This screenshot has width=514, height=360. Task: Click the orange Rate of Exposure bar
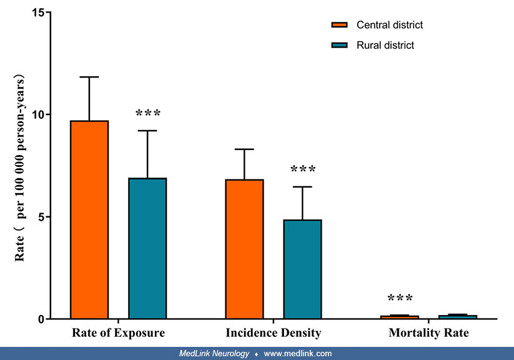click(x=89, y=219)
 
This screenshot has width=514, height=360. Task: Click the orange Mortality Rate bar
click(x=400, y=317)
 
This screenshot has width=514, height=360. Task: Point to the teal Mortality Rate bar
click(x=458, y=317)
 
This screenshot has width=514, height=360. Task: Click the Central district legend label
click(x=389, y=25)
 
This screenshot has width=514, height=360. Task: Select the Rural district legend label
click(x=385, y=45)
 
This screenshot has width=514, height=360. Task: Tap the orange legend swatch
click(x=339, y=25)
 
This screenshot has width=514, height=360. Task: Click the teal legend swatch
click(x=339, y=45)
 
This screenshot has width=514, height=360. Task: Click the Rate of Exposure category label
click(x=118, y=333)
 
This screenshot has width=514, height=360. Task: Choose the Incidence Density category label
click(x=273, y=333)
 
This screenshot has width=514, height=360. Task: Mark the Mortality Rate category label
click(x=428, y=333)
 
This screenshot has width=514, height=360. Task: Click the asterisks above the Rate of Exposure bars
click(x=148, y=114)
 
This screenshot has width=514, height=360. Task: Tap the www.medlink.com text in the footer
click(x=298, y=354)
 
